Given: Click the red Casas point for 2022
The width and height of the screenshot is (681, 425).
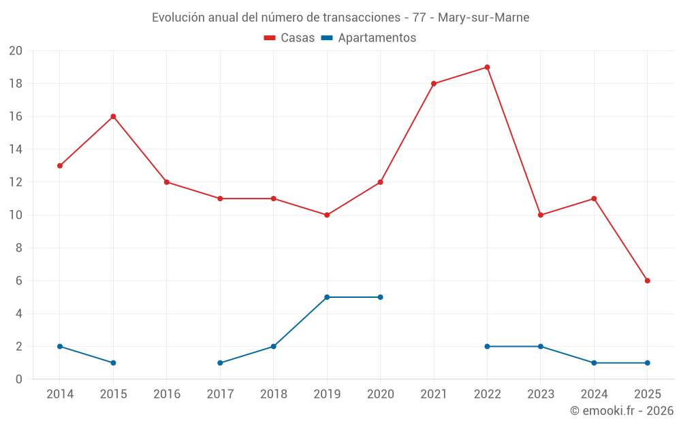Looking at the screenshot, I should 487,67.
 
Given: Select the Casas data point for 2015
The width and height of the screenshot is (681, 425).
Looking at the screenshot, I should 113,116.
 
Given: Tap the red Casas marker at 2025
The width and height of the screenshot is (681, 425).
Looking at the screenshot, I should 647,281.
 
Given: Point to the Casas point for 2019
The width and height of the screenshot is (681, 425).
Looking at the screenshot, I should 327,215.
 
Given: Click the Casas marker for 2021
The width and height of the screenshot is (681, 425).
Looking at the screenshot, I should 434,84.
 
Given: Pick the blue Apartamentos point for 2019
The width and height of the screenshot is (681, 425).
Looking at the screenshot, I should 327,297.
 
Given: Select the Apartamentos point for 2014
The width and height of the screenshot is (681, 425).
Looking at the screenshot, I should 60,346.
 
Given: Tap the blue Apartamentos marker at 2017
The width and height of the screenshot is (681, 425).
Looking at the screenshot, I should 220,363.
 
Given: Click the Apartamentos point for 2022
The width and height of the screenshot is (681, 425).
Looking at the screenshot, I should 487,346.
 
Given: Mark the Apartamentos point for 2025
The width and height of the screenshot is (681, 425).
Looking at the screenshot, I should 647,363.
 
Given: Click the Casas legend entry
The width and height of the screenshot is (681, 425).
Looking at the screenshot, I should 289,38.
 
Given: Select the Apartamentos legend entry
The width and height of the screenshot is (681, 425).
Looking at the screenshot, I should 368,38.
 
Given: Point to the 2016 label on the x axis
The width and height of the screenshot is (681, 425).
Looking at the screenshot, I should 167,394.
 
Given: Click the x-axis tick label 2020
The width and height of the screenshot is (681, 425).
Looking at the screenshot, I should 380,394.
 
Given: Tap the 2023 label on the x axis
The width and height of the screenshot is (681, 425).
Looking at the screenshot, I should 541,394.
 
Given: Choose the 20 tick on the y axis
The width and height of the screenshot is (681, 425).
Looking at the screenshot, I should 16,51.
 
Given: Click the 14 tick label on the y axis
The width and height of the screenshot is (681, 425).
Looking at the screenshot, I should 16,150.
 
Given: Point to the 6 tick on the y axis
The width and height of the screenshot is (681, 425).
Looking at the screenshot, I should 18,281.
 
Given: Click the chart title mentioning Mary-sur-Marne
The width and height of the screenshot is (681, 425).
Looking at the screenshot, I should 340,18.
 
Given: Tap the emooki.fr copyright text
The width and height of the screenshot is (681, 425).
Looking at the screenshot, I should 622,411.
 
